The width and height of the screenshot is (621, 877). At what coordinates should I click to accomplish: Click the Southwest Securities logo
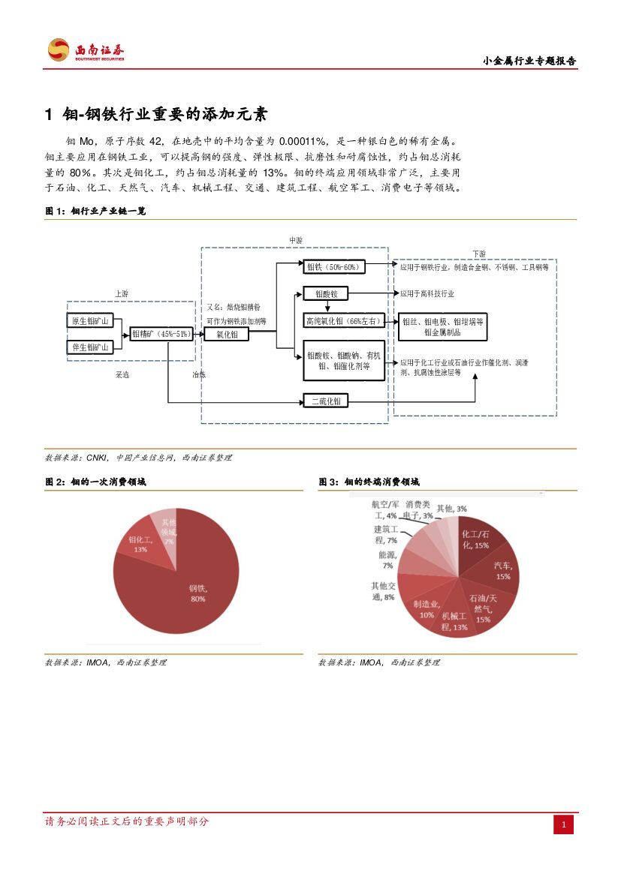coord(86,50)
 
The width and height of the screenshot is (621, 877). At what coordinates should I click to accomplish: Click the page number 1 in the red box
coord(564,825)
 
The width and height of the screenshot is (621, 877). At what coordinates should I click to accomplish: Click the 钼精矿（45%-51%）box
coord(161,334)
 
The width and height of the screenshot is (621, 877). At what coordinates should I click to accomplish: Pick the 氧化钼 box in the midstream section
coord(227,335)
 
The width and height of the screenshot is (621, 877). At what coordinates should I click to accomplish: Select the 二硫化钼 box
coord(326,401)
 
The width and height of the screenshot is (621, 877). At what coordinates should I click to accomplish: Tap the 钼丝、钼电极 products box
coord(443,326)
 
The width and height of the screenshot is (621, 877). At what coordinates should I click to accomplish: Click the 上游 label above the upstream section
coord(121,293)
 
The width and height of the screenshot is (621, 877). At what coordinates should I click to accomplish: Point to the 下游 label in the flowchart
coord(478,254)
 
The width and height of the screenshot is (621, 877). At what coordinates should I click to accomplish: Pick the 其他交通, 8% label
coord(383,591)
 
